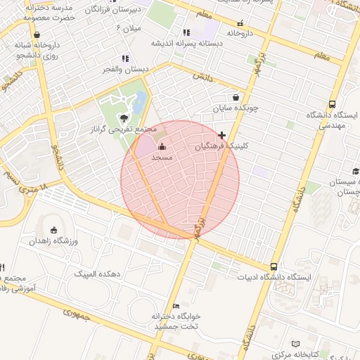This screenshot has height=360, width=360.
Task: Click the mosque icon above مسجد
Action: tap(162, 147)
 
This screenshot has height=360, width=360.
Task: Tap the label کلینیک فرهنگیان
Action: tap(221, 147)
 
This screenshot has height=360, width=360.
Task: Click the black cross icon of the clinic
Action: tap(222, 135)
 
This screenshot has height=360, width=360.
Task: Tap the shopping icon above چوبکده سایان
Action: tap(235, 98)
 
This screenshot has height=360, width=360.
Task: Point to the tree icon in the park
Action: tap(124, 118)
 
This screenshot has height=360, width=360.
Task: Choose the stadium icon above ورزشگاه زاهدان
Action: tap(55, 230)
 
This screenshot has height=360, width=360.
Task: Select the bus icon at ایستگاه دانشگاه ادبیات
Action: tap(274, 266)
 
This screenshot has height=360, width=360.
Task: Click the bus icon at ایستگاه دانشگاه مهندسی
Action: tap(333, 103)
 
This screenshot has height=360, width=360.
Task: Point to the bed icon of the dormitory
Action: tap(176, 305)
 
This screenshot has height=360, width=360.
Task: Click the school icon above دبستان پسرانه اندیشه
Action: tap(186, 32)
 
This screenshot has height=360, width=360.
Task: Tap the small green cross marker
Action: tap(290, 124)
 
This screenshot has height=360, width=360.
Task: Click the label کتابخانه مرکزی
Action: tap(316, 353)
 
